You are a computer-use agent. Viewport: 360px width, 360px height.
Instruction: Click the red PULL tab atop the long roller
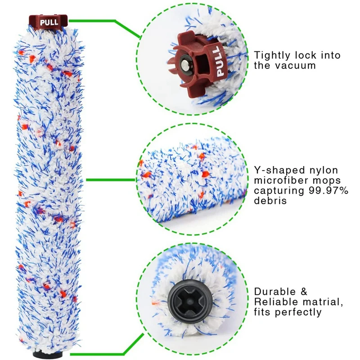pyautogui.click(x=48, y=21)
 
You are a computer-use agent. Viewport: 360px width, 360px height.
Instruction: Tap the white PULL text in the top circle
pyautogui.click(x=220, y=61)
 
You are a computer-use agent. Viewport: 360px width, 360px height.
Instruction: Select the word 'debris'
pyautogui.click(x=270, y=201)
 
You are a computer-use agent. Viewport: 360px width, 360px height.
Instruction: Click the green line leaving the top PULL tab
pyautogui.click(x=94, y=21)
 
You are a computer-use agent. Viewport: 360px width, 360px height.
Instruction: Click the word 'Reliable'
pyautogui.click(x=276, y=301)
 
